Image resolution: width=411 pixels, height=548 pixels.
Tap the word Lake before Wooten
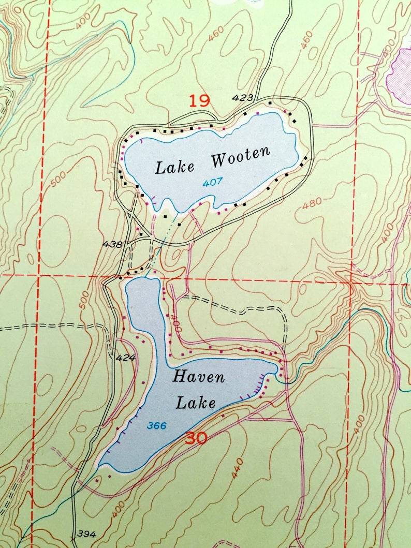pos(175,167)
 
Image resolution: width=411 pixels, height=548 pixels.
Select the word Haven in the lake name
pos(199,376)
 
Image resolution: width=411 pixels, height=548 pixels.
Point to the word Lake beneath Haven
pos(195,402)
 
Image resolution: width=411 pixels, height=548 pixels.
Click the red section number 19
pos(199,100)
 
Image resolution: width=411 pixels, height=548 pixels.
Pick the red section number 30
pos(196,438)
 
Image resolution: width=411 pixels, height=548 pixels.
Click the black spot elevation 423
pos(243,97)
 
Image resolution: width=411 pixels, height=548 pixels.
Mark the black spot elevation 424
pos(125,358)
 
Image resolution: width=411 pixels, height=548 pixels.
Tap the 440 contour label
pos(237,469)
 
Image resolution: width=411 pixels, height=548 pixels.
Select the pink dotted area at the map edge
pos(400,72)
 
